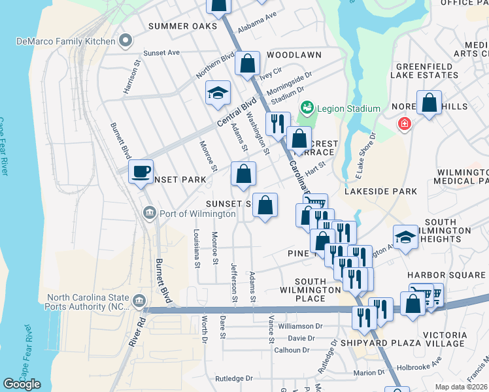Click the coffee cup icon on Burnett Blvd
(x=141, y=172)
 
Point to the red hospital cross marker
(x=405, y=123)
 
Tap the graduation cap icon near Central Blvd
(x=218, y=93)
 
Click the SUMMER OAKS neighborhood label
(x=182, y=26)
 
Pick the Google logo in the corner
(x=21, y=384)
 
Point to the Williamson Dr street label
(x=300, y=325)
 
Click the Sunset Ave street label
(x=161, y=52)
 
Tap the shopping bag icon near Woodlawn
(x=248, y=64)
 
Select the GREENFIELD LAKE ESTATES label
(x=424, y=70)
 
